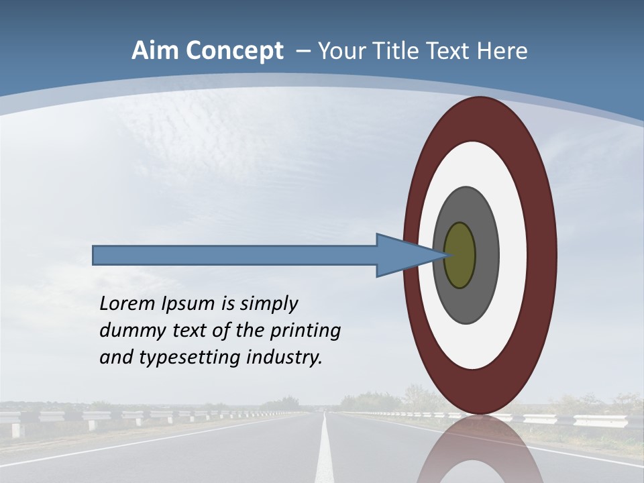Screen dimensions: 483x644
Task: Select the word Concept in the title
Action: pyautogui.click(x=235, y=51)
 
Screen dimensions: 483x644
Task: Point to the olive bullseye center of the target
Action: pyautogui.click(x=460, y=256)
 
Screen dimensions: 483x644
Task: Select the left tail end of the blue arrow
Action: pyautogui.click(x=95, y=255)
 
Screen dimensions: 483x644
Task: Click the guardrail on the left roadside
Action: pyautogui.click(x=101, y=417)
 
